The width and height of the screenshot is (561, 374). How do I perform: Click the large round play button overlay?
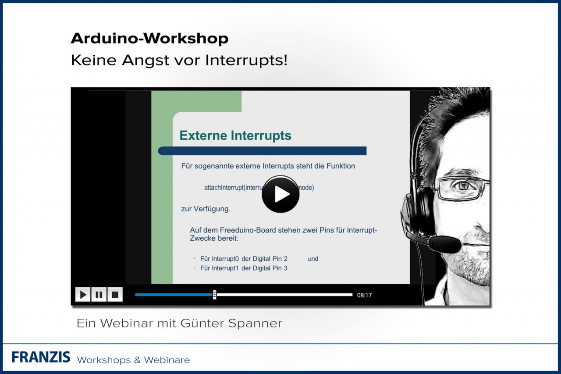[x=280, y=194]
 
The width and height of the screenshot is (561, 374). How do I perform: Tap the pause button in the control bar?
[x=99, y=295]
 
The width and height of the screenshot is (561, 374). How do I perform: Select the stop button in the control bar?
[x=115, y=295]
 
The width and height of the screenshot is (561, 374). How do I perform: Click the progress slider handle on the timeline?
[x=214, y=295]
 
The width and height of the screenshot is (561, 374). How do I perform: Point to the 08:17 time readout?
[x=364, y=295]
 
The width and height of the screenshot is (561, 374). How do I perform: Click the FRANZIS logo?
[x=41, y=357]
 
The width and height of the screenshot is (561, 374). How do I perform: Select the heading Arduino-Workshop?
[x=149, y=39]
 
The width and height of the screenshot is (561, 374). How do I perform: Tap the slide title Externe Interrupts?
[x=235, y=135]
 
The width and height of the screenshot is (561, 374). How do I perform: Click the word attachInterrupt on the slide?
[x=224, y=188]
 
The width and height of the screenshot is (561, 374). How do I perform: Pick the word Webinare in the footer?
[x=167, y=360]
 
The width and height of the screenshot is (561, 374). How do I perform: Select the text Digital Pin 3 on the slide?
[x=270, y=268]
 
